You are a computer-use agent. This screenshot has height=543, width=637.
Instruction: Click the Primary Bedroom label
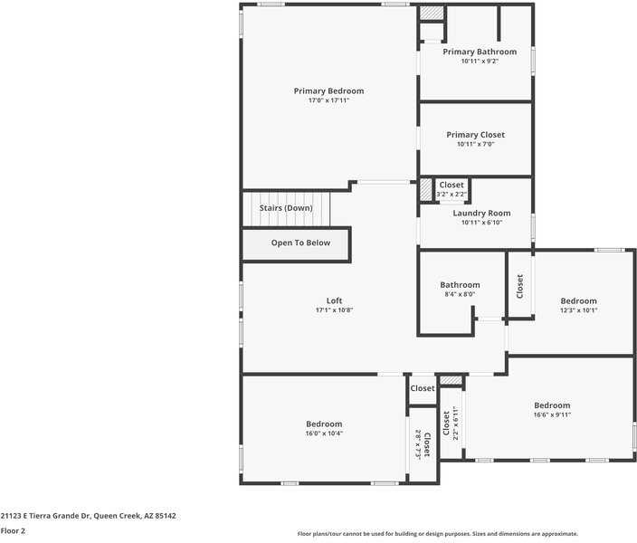tap(328, 90)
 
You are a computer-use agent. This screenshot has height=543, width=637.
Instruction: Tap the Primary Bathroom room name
tap(480, 52)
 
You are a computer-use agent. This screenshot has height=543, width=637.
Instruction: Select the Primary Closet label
tap(475, 135)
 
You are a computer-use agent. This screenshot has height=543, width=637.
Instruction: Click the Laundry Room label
tap(481, 214)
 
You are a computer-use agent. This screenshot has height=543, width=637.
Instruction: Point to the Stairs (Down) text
tap(286, 208)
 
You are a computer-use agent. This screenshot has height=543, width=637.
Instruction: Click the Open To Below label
tap(300, 243)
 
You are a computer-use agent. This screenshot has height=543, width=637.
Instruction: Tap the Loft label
tap(334, 300)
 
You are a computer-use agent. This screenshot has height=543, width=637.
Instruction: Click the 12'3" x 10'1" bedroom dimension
tap(578, 310)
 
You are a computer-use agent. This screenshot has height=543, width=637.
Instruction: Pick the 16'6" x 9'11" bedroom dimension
tap(552, 414)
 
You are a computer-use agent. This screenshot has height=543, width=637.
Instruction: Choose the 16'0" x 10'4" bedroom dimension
tap(324, 433)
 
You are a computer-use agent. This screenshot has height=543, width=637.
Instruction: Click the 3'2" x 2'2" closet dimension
tap(452, 194)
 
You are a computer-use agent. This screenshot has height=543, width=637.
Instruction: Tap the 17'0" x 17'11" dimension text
tap(328, 100)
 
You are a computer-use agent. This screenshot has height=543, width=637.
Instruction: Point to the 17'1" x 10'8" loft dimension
tap(334, 310)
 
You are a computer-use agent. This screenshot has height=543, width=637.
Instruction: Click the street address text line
tap(89, 515)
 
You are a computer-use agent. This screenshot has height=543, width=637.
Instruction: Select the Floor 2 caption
tap(13, 530)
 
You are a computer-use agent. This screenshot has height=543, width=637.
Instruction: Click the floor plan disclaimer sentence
tap(437, 534)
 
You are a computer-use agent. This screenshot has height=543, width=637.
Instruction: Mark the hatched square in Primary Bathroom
tap(432, 14)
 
